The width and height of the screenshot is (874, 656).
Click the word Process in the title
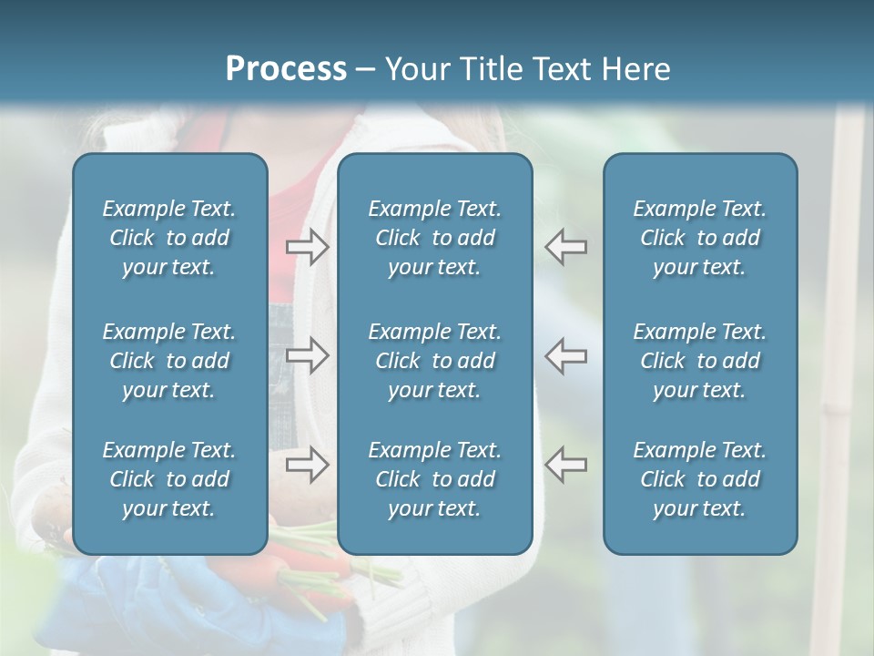tap(286, 69)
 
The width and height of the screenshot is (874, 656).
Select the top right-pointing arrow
tap(308, 247)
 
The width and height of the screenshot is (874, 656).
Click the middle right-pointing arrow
tap(308, 355)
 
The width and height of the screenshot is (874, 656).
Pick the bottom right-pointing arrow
tap(308, 465)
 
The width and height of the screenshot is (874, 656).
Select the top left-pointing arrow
tap(565, 247)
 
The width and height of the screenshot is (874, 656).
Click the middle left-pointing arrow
tap(565, 355)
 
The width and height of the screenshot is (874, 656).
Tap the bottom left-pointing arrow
tap(565, 465)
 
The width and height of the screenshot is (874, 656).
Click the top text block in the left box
tap(169, 238)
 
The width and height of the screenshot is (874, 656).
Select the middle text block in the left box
tap(169, 361)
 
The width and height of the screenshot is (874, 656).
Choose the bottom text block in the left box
tap(169, 479)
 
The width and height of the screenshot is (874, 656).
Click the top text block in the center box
tap(434, 238)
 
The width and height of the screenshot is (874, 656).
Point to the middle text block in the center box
tap(434, 361)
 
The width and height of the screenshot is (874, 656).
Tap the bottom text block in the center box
tap(434, 479)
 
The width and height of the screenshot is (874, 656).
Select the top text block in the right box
tap(699, 238)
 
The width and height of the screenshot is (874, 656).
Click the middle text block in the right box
tap(699, 361)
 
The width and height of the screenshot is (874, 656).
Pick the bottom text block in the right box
tap(699, 479)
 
